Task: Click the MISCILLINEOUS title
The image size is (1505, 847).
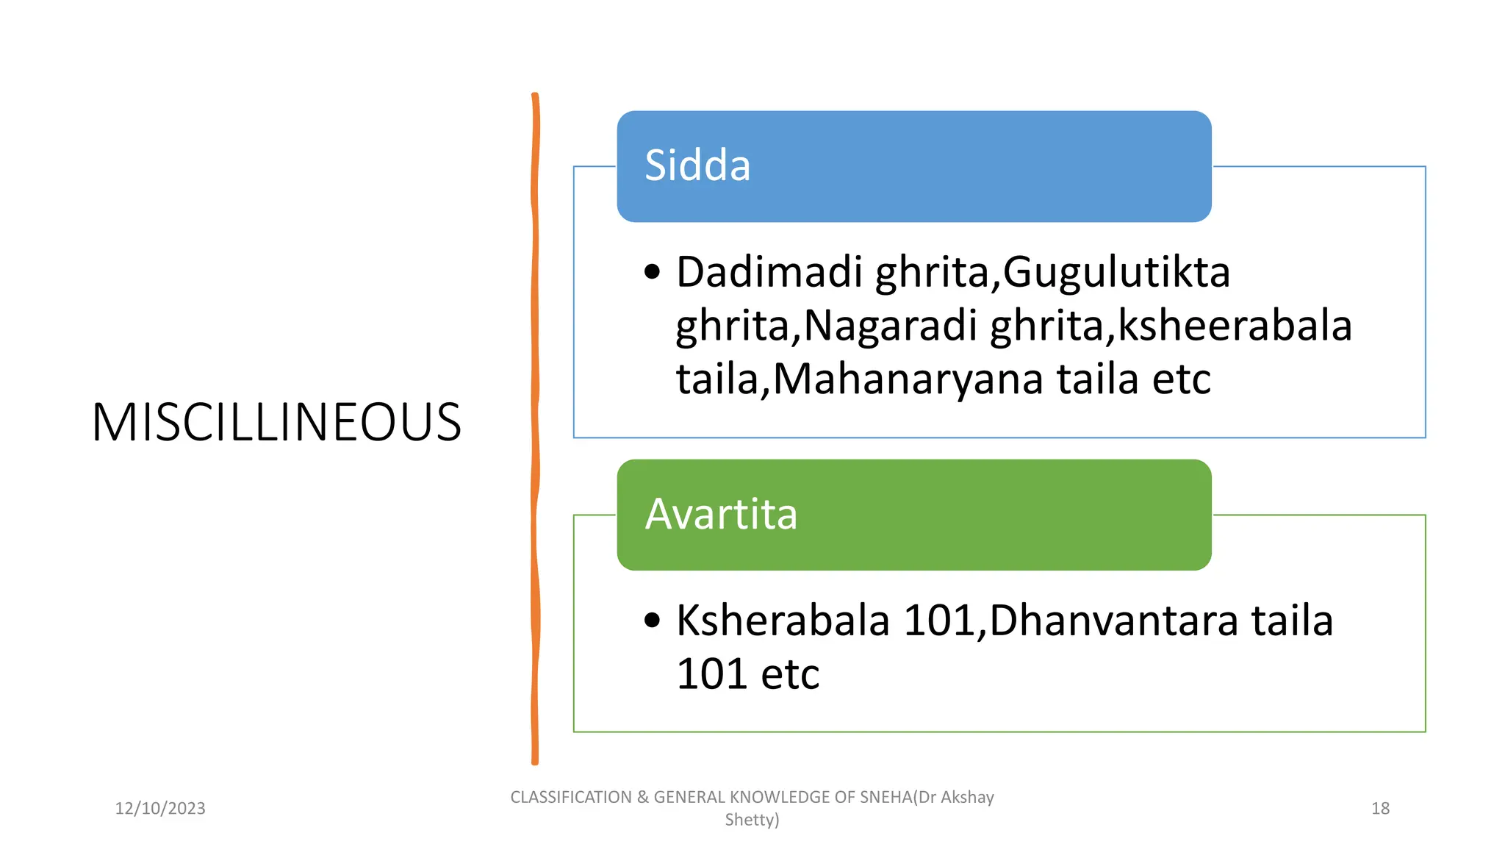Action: [276, 423]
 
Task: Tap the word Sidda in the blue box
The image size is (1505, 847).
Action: [697, 165]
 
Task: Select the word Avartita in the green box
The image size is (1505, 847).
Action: [721, 514]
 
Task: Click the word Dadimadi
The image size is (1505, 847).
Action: [769, 272]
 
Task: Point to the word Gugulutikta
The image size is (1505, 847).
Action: [1116, 272]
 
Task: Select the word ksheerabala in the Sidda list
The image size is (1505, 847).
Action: [1235, 326]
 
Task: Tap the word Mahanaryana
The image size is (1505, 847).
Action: [908, 379]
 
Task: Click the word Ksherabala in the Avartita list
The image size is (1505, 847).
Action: [783, 621]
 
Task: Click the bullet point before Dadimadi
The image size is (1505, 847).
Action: [652, 273]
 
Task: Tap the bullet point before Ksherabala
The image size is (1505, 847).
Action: [652, 621]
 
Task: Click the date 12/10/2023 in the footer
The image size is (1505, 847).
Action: [160, 809]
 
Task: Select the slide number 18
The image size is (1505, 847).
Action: [1380, 809]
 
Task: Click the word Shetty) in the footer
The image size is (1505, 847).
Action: [752, 820]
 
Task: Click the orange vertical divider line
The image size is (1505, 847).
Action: [535, 426]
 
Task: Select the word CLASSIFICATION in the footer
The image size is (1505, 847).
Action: [571, 798]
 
